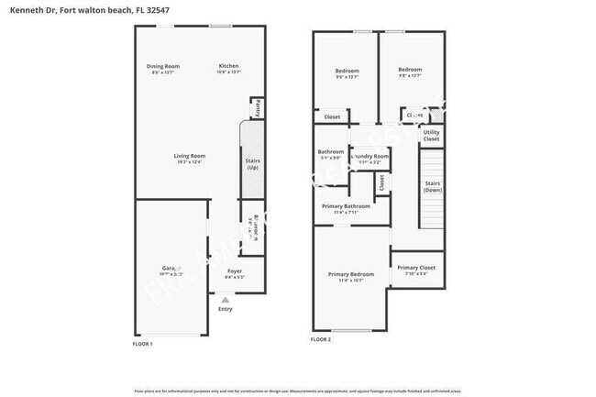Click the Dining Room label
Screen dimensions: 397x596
(165, 66)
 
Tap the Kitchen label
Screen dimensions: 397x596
(228, 66)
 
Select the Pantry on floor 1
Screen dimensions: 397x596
(258, 108)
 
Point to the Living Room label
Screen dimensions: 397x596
(190, 156)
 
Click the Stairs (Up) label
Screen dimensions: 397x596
(252, 165)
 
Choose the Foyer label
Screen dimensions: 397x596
(234, 271)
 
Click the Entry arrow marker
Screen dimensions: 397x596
(225, 298)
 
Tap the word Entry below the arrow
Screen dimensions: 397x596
(225, 309)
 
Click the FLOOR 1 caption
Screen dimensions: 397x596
(143, 343)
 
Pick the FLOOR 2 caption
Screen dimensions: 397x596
(320, 339)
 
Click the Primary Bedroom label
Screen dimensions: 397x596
(351, 274)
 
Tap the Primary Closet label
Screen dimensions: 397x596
(415, 268)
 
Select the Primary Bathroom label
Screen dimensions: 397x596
(346, 206)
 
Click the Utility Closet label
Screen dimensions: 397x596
(431, 136)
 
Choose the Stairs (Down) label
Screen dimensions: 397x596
(433, 186)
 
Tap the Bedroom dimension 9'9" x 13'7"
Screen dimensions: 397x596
(410, 76)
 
